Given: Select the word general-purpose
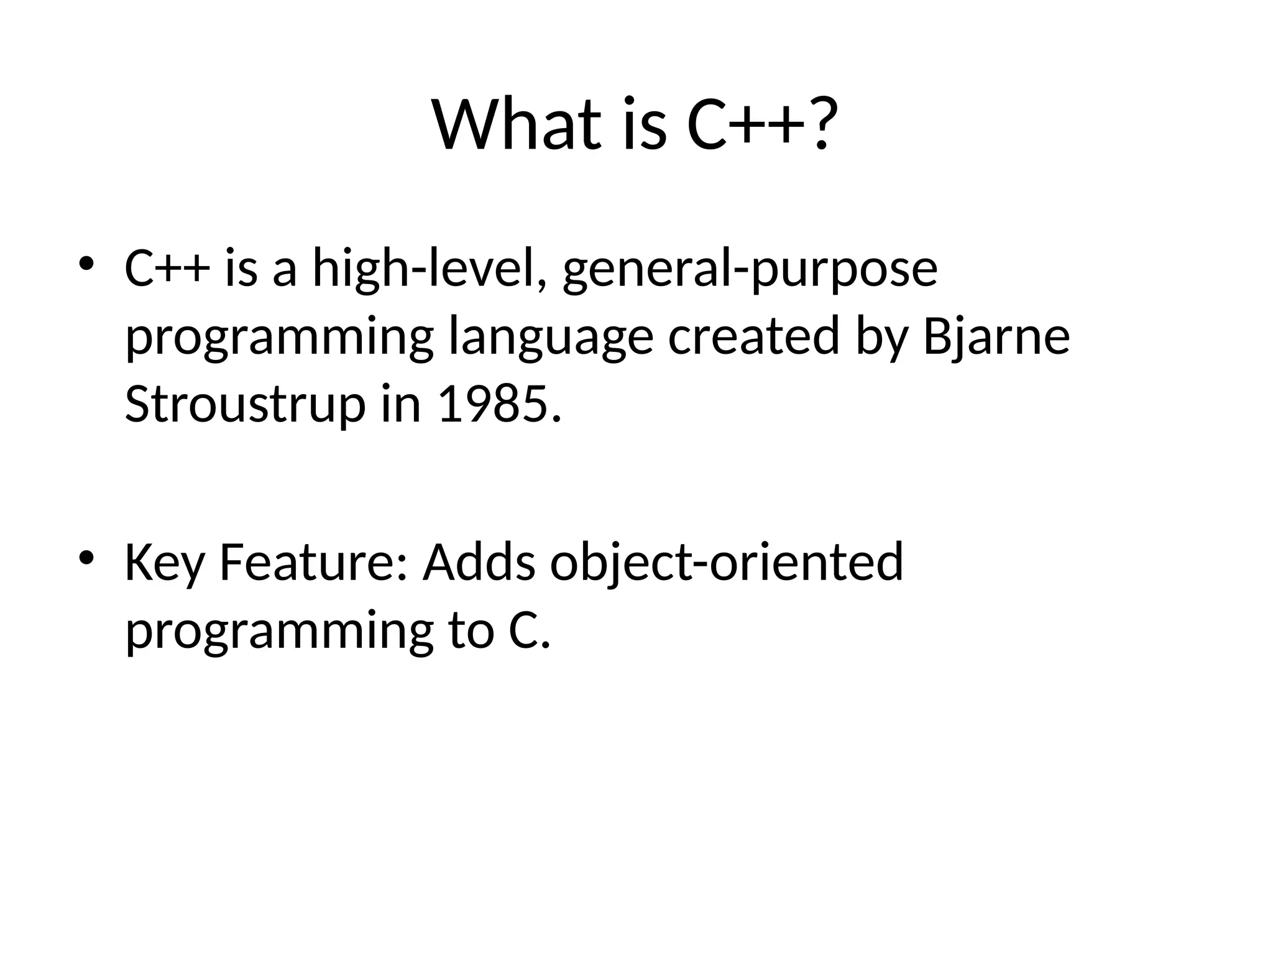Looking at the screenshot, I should point(750,270).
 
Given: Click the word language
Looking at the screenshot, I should point(551,337).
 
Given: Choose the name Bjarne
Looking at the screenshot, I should point(996,337).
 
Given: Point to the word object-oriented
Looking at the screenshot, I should point(726,563).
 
